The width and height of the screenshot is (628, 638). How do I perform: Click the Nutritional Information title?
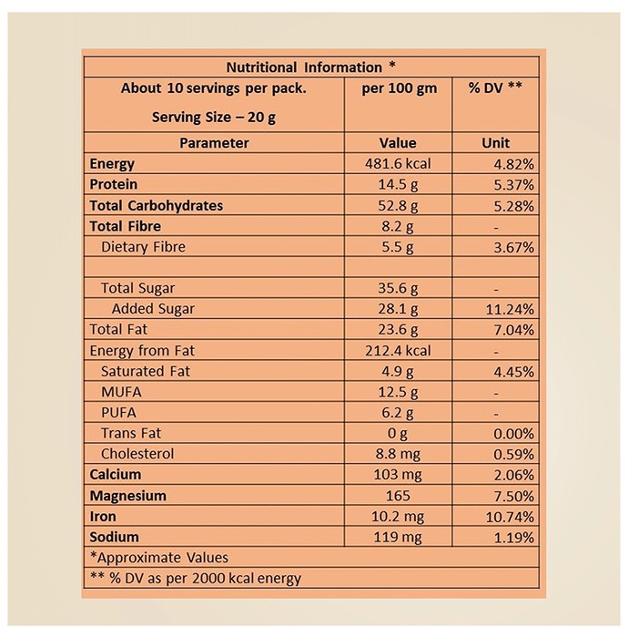click(310, 67)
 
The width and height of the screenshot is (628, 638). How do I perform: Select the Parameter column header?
click(214, 143)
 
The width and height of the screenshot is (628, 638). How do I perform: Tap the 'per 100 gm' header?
click(400, 88)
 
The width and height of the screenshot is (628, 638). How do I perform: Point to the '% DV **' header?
click(495, 87)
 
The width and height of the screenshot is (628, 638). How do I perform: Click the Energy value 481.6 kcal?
click(398, 163)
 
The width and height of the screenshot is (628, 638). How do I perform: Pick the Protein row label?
click(114, 184)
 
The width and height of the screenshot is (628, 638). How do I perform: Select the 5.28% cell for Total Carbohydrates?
click(513, 206)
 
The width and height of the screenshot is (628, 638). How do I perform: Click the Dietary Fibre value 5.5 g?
click(398, 247)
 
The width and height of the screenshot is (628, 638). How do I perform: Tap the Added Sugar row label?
click(153, 309)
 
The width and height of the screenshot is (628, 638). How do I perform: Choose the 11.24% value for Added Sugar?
click(510, 310)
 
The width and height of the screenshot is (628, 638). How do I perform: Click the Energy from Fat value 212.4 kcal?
click(398, 350)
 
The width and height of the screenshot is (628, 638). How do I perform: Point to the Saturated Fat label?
click(146, 371)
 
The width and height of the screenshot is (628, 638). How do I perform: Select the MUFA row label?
click(121, 392)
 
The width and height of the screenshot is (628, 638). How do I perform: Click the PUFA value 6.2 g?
click(398, 413)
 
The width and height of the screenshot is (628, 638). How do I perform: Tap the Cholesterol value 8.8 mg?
click(398, 454)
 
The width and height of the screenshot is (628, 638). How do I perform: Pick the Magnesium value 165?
click(398, 496)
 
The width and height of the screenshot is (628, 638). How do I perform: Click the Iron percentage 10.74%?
click(510, 517)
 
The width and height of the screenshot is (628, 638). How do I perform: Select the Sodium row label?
click(114, 537)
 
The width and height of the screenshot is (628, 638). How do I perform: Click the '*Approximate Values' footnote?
click(159, 558)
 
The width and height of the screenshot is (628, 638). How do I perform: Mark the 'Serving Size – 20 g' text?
click(214, 118)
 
